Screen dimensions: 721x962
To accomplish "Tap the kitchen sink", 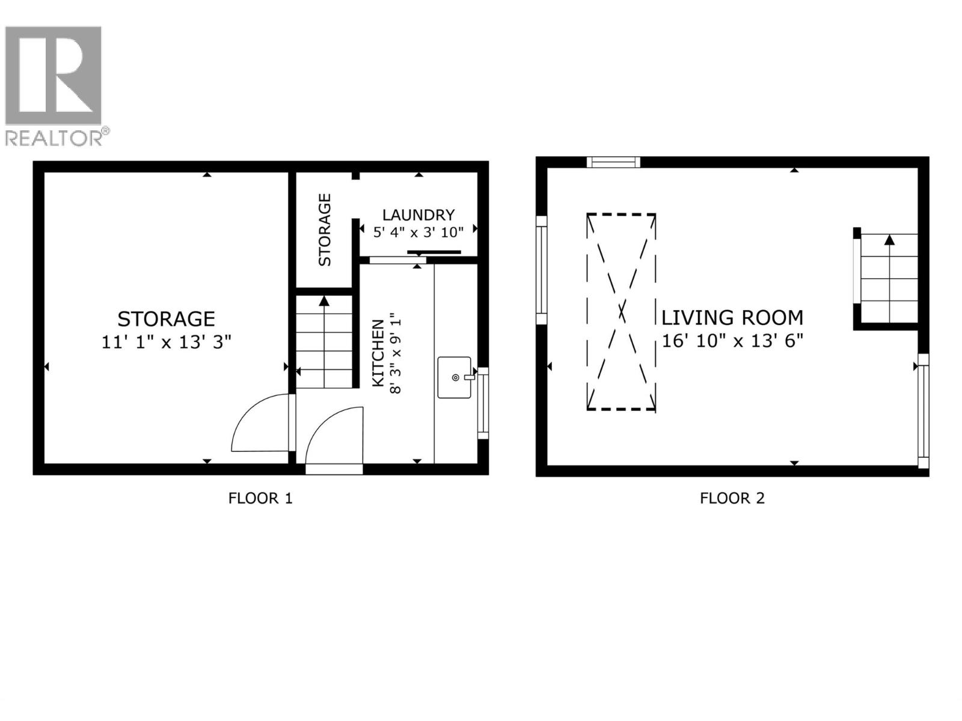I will (x=455, y=377).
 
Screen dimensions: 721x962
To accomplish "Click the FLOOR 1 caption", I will (x=260, y=498).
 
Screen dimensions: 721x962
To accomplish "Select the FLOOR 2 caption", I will (x=732, y=498).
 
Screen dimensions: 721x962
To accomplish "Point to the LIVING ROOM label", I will (x=732, y=317).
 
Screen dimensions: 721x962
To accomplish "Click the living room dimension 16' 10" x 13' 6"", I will (x=732, y=341).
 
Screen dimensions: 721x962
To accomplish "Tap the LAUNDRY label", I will (x=418, y=214).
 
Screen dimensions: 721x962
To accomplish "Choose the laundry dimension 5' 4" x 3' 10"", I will (x=418, y=232).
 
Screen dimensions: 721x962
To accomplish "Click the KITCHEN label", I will (x=378, y=353).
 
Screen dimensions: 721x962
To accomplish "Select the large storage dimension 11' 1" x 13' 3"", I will (x=167, y=342).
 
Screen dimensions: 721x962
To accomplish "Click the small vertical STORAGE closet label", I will (x=325, y=230).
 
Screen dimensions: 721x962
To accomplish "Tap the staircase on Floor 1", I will (x=325, y=342).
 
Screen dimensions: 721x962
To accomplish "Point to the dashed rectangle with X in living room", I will (x=621, y=312).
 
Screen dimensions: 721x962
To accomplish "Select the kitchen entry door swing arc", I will (x=334, y=436).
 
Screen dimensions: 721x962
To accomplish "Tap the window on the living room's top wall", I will (x=613, y=162).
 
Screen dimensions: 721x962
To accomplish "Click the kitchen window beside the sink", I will (x=483, y=403).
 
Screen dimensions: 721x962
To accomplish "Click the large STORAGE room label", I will (x=167, y=318).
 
